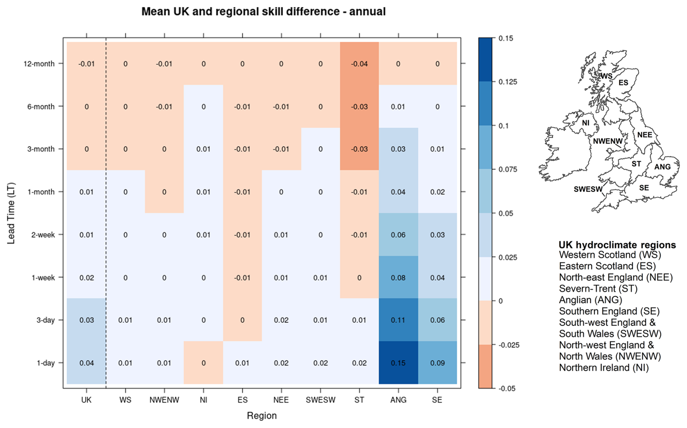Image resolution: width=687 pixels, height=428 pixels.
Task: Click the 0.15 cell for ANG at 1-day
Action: coord(398,363)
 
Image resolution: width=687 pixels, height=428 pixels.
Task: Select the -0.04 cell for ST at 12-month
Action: coord(359,64)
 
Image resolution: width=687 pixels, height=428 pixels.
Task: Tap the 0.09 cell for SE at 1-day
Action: coord(437,363)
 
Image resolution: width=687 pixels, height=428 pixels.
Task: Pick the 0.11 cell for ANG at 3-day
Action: coord(398,320)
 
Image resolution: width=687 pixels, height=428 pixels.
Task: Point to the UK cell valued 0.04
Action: coord(86,363)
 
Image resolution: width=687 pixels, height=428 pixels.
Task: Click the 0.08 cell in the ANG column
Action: coord(398,277)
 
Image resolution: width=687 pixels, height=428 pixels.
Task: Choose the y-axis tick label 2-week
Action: coord(43,235)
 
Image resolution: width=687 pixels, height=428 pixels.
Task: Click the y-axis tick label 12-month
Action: coord(39,64)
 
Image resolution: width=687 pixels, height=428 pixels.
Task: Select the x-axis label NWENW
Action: coord(164,400)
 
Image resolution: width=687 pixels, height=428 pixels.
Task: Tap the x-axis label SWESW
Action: coord(320,400)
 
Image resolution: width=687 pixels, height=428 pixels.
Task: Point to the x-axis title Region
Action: coord(261,416)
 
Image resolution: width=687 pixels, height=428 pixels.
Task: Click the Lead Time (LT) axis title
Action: coord(11,213)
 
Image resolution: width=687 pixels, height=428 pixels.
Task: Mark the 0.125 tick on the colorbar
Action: coord(508,82)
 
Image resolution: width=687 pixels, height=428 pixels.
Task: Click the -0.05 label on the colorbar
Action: coord(507,388)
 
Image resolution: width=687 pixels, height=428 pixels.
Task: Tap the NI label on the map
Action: coord(585,123)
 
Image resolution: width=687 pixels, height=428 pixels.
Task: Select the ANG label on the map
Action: coord(662,167)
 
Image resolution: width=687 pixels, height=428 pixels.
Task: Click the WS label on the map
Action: coord(606,76)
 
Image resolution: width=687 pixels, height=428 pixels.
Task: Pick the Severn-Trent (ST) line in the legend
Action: coord(598,289)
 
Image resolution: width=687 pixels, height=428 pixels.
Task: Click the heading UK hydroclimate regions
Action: coord(617,245)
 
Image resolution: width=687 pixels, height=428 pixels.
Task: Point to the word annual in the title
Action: coord(367,12)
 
